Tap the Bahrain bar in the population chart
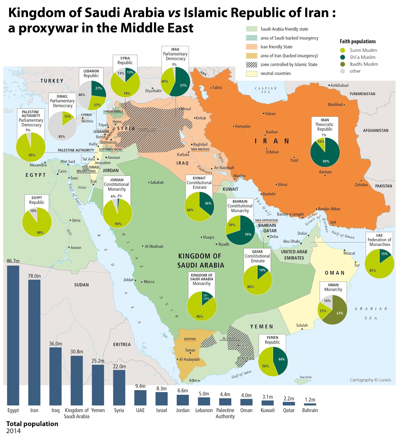(x=310, y=404)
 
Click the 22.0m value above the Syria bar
(x=119, y=366)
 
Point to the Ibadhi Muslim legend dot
(x=342, y=64)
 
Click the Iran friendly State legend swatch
(x=251, y=47)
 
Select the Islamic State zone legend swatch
(x=251, y=64)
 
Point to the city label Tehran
(x=270, y=114)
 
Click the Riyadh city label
(x=223, y=244)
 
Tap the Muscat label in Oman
(x=349, y=253)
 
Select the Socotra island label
(x=306, y=377)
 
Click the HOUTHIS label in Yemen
(x=190, y=339)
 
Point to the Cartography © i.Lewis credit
(x=370, y=380)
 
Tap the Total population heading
(x=32, y=424)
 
